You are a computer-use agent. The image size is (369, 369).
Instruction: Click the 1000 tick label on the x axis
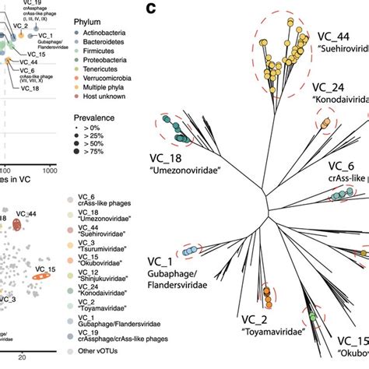(51, 168)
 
